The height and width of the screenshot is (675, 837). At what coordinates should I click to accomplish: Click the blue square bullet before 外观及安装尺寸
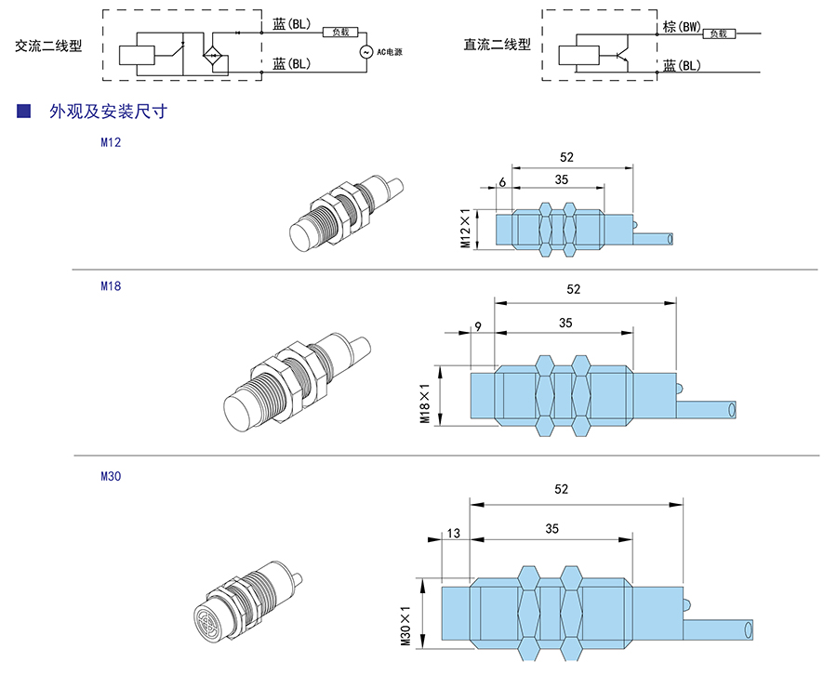pos(25,112)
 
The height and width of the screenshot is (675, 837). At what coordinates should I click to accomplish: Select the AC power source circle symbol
pos(365,51)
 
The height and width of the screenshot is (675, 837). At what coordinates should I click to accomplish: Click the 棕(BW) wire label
pos(682,27)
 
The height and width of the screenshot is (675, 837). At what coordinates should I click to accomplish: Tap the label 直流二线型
pos(498,45)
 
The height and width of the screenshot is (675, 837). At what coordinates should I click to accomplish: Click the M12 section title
pos(111,143)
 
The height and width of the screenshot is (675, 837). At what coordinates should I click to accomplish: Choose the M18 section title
pos(111,286)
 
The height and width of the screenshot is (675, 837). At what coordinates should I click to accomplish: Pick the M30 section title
pos(111,476)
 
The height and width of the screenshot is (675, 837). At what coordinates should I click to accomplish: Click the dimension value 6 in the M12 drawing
pos(502,181)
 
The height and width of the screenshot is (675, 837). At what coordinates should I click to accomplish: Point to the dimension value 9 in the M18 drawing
pos(477,325)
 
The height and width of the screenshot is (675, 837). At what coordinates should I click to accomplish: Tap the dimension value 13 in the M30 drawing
pos(453,533)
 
